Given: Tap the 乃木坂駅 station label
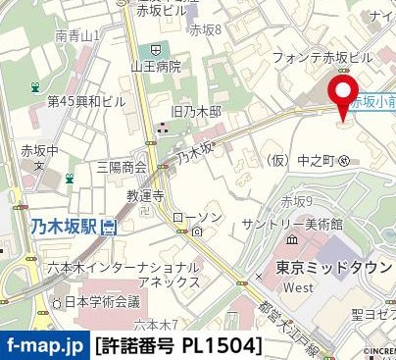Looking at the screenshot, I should (x=63, y=228).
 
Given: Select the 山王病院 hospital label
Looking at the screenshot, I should (x=156, y=67).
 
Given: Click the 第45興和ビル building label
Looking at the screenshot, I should (x=86, y=101).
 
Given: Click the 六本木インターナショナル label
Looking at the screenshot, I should (x=110, y=268).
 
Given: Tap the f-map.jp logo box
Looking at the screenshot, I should (x=44, y=346).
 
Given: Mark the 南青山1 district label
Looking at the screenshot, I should (x=78, y=35).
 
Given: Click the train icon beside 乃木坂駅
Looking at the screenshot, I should (x=108, y=228).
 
